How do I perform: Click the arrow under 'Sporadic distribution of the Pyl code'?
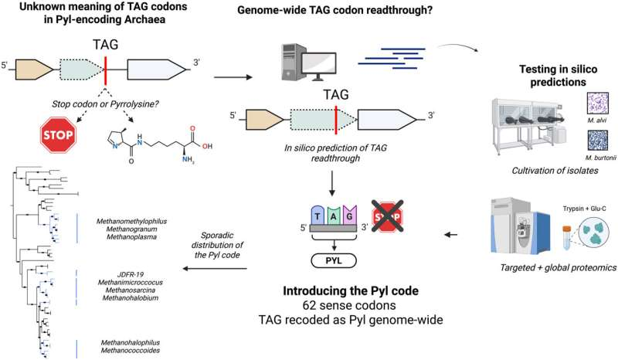(213, 270)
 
